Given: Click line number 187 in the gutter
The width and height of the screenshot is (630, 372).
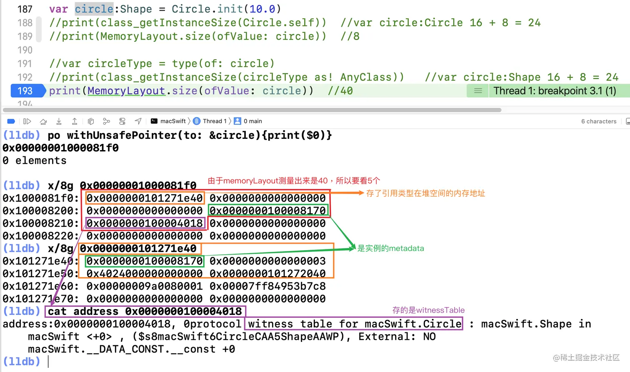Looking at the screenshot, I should pos(25,9).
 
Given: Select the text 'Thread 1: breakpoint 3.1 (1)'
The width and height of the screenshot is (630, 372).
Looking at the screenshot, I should pos(554,91).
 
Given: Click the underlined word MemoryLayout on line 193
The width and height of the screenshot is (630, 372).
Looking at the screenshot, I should pos(126,91).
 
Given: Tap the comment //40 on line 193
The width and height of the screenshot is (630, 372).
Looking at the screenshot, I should pos(340,91).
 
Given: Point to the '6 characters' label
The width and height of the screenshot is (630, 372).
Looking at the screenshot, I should pos(599,121).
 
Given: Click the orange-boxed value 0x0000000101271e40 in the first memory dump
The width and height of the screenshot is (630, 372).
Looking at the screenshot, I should pos(145,198).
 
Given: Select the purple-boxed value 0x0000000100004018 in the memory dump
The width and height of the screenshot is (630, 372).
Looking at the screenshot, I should pos(145,224).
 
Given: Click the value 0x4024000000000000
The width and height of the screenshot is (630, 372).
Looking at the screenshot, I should pos(145,274).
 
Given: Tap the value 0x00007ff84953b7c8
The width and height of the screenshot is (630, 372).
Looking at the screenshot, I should pos(267,287).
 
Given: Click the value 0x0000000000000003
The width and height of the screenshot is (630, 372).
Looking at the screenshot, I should pos(267,261).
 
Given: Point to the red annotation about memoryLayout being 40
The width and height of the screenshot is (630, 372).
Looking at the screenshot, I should pos(294,181).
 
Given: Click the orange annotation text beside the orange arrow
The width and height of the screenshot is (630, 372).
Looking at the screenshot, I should pos(425,194).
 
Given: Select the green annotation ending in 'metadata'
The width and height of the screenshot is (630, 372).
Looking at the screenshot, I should pos(390,249).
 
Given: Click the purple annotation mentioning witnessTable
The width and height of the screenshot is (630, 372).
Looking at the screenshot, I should pos(428,310).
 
